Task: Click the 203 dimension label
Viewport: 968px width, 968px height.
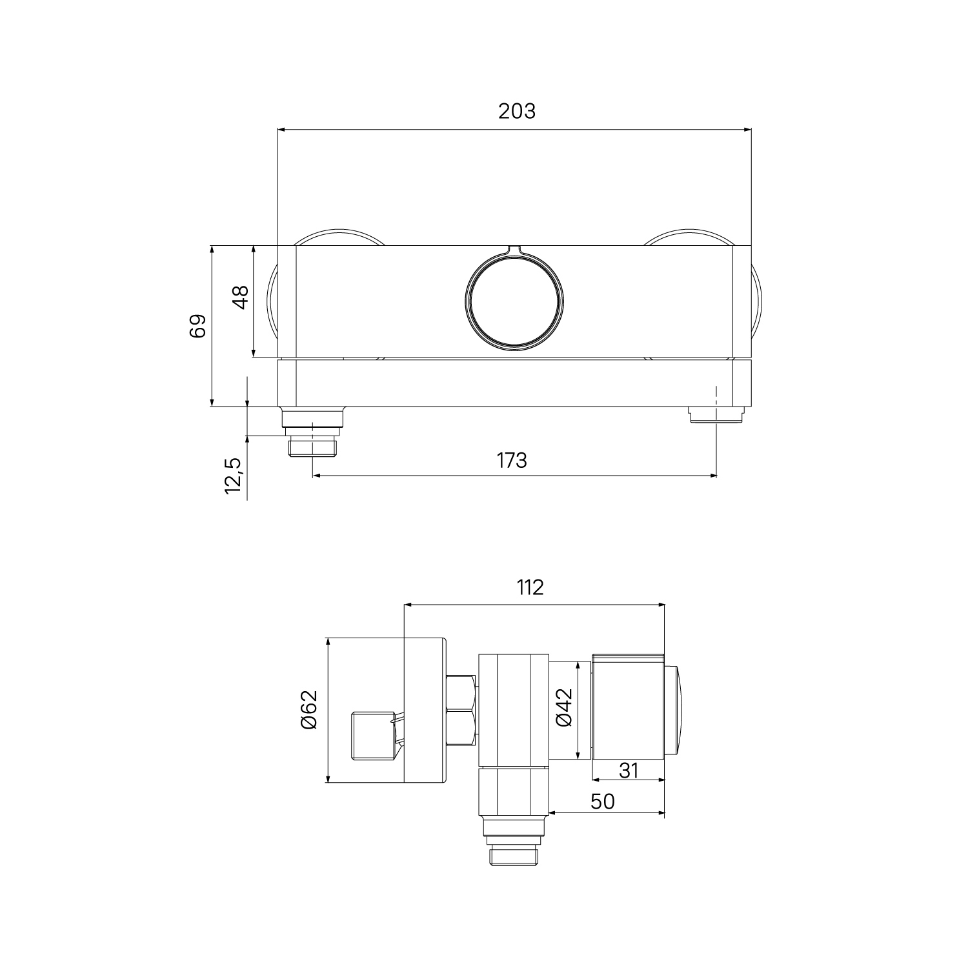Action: coord(516,112)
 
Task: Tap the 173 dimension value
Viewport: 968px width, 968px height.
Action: coord(512,461)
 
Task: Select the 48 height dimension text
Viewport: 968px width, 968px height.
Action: coord(239,297)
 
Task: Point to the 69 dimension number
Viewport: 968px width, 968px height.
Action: coord(197,326)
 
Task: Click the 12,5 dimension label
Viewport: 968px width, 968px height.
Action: coord(233,476)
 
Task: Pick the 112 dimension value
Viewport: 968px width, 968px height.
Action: coord(530,587)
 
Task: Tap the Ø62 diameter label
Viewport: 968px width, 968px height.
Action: coord(308,709)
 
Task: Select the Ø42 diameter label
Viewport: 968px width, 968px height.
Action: coord(564,708)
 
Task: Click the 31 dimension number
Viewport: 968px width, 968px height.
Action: coord(627,770)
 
